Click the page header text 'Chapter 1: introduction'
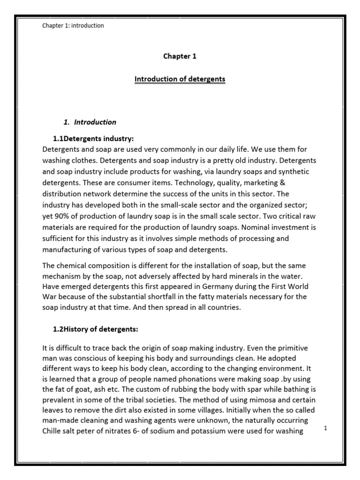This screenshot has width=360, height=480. click(x=73, y=26)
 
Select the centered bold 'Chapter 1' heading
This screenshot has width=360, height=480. click(x=180, y=56)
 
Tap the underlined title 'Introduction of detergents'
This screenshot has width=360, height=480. click(x=180, y=79)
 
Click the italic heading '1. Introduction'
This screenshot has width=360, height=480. click(x=90, y=122)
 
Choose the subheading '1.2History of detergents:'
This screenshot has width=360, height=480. click(x=96, y=330)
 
